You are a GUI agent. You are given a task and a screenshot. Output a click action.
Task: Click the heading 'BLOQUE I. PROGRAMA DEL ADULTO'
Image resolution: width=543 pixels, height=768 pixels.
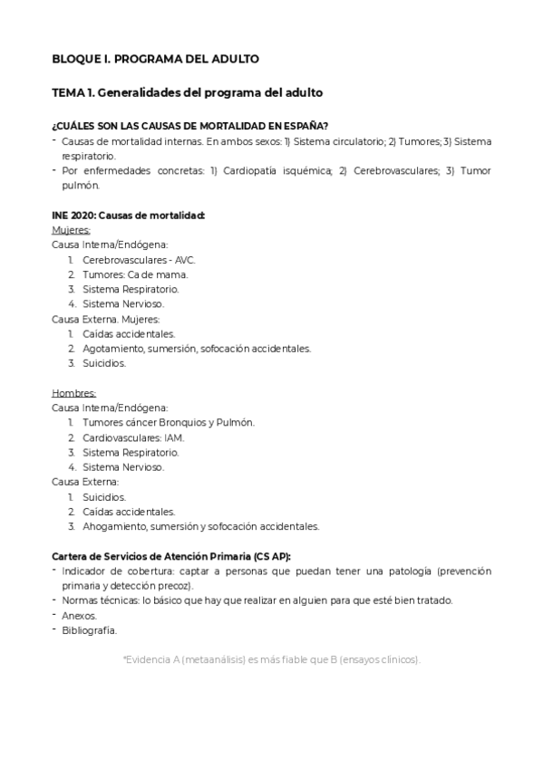pyautogui.click(x=155, y=59)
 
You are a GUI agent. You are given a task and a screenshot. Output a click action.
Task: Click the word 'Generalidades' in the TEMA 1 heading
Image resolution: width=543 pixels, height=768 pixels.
pyautogui.click(x=140, y=92)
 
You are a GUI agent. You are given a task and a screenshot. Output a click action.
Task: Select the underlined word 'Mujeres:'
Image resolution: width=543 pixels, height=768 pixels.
pyautogui.click(x=71, y=230)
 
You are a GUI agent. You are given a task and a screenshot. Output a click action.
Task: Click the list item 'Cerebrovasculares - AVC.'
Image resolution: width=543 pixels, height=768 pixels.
pyautogui.click(x=138, y=260)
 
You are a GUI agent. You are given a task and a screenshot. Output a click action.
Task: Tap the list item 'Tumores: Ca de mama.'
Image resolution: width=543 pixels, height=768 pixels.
pyautogui.click(x=135, y=274)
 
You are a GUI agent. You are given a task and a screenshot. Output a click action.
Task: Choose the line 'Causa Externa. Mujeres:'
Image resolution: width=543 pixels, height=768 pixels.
pyautogui.click(x=106, y=319)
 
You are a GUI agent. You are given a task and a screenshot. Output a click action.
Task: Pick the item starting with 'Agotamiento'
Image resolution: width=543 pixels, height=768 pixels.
pyautogui.click(x=196, y=348)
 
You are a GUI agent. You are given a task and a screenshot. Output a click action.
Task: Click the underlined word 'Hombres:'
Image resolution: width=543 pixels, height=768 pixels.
pyautogui.click(x=73, y=393)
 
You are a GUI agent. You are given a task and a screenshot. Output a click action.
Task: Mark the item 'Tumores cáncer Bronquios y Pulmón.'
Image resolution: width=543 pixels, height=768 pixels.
pyautogui.click(x=168, y=422)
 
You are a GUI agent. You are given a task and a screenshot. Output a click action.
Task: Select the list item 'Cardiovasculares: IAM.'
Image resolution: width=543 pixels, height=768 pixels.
pyautogui.click(x=132, y=437)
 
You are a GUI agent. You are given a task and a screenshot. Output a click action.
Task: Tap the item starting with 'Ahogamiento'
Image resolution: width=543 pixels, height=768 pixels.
pyautogui.click(x=200, y=525)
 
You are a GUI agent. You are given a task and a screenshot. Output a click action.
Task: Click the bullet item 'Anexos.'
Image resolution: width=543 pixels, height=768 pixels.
pyautogui.click(x=79, y=615)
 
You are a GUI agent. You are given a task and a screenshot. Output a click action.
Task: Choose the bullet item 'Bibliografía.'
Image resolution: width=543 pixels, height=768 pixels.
pyautogui.click(x=89, y=630)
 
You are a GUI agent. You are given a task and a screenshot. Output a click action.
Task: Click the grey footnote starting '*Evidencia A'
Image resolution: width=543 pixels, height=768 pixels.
pyautogui.click(x=271, y=659)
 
